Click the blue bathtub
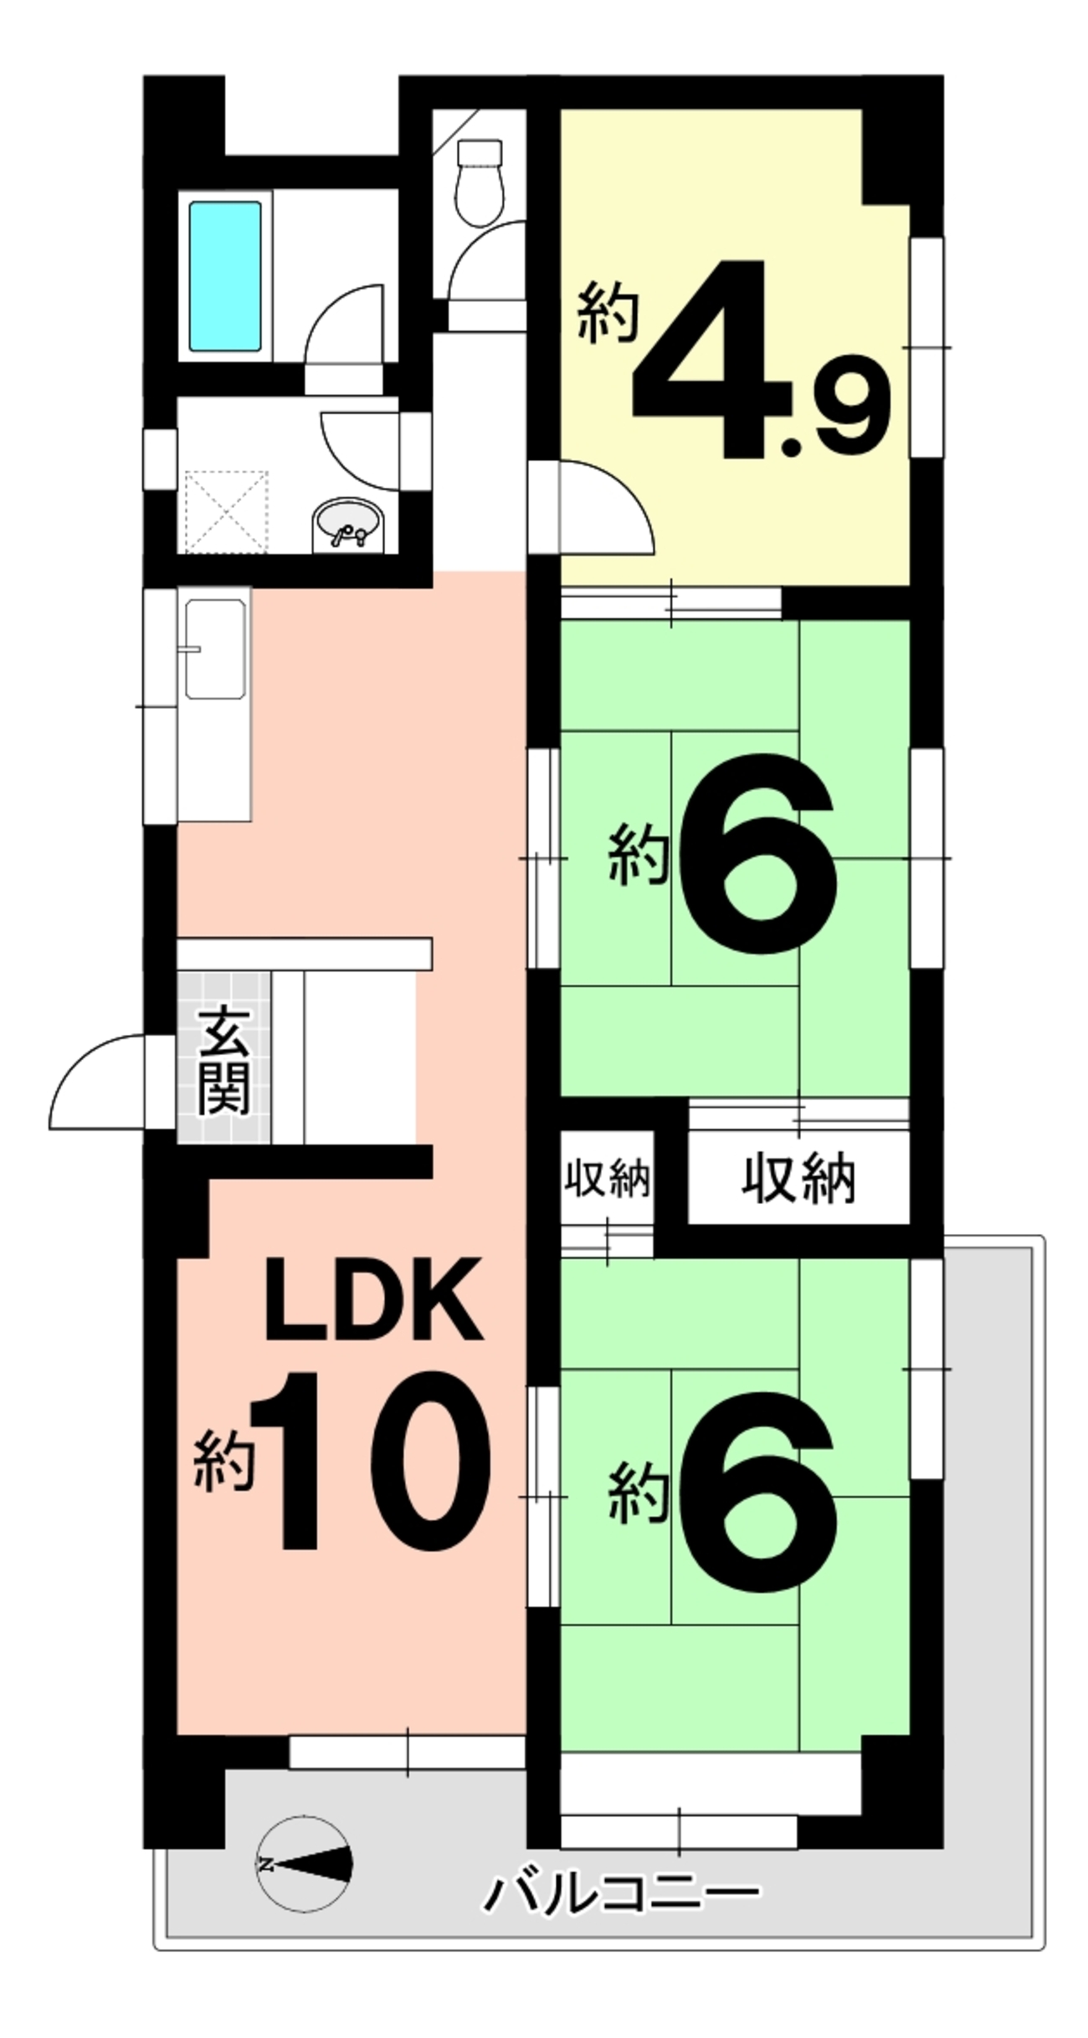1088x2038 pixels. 224,276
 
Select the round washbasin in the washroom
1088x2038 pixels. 346,525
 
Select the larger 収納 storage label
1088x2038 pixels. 798,1179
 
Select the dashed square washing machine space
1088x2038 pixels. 226,511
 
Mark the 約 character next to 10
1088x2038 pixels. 223,1460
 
